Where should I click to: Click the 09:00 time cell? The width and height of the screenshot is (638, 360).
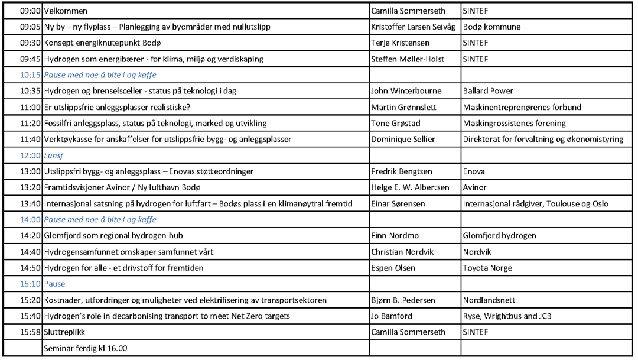coord(30,11)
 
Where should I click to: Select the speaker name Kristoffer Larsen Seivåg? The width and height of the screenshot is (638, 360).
coord(413,27)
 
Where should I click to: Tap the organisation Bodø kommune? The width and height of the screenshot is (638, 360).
coord(491,27)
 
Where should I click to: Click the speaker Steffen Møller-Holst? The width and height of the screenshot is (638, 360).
coord(408,59)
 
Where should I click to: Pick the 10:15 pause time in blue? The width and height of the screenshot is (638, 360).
coord(30,75)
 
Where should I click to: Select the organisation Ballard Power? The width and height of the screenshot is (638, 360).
coord(488,91)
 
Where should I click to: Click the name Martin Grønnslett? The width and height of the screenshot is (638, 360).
coord(404,107)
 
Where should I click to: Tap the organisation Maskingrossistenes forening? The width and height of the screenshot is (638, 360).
coord(514,124)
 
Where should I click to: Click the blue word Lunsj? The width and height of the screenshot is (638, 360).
coord(54,155)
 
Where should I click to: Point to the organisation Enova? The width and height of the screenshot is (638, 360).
coord(474,171)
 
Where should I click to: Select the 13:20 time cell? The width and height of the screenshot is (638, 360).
coord(30,187)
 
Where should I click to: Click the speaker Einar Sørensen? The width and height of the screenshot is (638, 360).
coord(398,204)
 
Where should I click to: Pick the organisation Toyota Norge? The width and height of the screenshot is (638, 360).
coord(487,268)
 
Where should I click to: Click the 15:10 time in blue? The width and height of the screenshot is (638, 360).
coord(30,284)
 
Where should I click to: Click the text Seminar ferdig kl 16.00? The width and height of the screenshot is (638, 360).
coord(86,348)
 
